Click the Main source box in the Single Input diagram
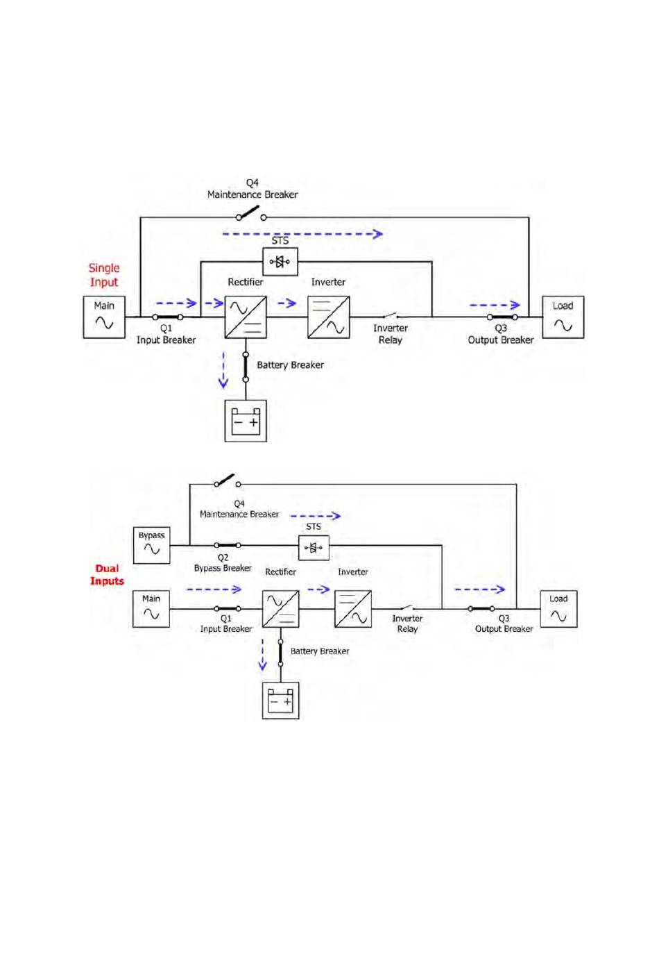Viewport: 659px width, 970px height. (104, 317)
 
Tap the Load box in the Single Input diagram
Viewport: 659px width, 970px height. (563, 317)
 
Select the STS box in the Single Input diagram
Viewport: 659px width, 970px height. (280, 262)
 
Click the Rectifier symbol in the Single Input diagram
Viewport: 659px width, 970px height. (246, 317)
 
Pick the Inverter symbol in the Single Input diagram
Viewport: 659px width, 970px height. (328, 317)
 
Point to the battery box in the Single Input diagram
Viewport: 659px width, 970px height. (246, 421)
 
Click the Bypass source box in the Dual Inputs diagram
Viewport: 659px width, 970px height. (151, 545)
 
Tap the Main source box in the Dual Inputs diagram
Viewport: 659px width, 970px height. (151, 609)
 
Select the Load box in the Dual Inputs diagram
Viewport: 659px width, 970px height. (558, 609)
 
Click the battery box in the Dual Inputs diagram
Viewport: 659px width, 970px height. (280, 701)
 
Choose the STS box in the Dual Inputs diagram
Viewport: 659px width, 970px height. (314, 548)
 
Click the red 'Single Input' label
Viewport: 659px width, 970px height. (104, 275)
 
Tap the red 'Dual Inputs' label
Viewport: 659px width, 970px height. (107, 575)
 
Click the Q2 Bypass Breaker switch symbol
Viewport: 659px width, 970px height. (227, 545)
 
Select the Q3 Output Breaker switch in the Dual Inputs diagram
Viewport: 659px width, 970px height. (481, 609)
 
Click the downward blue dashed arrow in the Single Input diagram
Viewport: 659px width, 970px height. (223, 370)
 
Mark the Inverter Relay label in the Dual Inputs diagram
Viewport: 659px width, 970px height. (407, 624)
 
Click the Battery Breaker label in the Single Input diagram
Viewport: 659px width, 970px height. (291, 365)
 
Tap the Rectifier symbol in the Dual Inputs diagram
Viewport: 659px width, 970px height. (280, 609)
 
